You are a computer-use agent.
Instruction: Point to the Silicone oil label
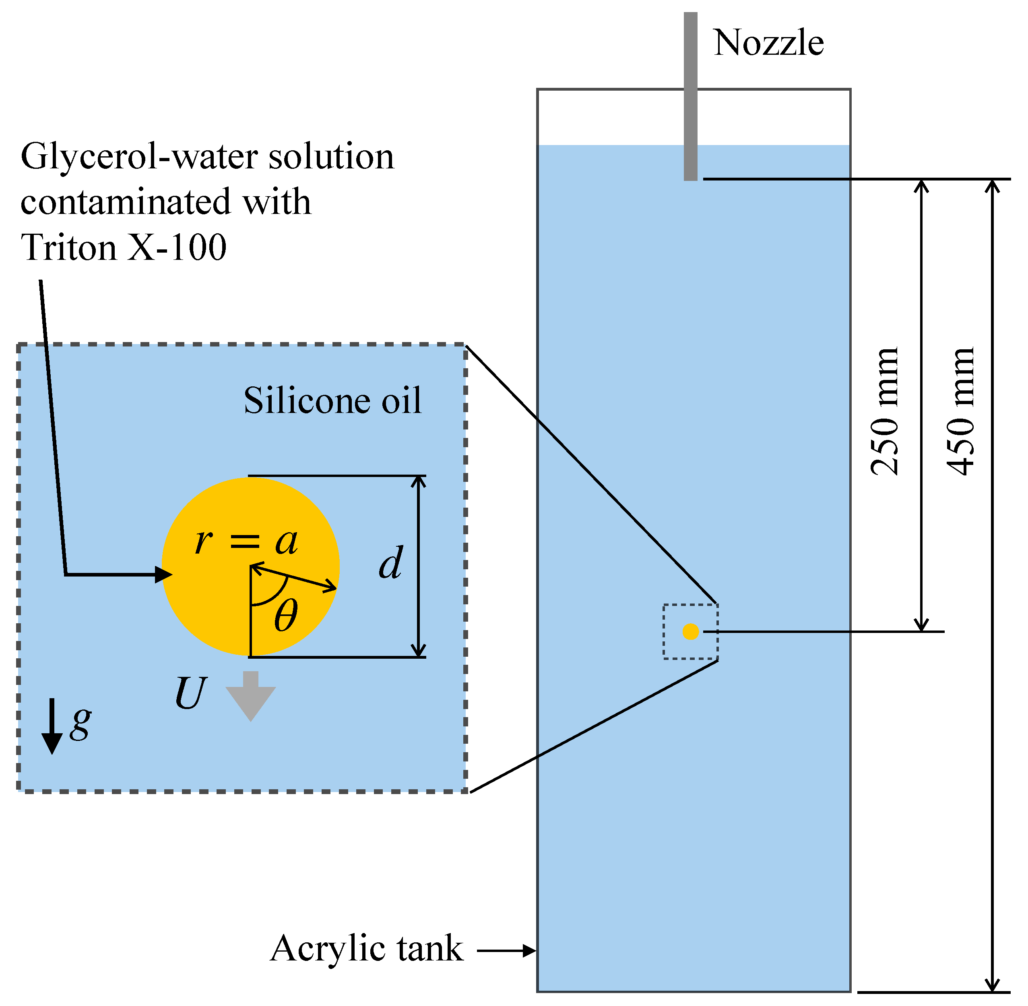point(332,400)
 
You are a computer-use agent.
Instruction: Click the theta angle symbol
point(286,616)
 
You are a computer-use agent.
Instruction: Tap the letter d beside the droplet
point(391,563)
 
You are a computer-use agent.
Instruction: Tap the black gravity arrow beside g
point(52,726)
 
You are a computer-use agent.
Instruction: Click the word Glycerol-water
point(140,157)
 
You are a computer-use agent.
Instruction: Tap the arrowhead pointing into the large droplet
point(164,575)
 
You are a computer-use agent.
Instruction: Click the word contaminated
point(126,202)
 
